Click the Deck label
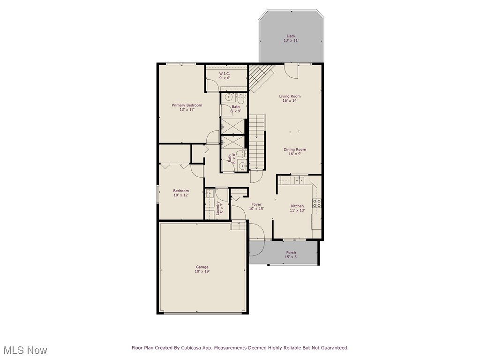[291, 36]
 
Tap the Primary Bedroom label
[187, 105]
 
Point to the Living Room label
[290, 96]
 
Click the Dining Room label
[295, 150]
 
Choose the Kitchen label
[297, 206]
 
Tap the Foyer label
[256, 204]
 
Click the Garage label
[202, 267]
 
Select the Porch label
[291, 253]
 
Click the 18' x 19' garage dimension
[202, 271]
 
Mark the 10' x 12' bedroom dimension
[181, 195]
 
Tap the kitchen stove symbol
[317, 203]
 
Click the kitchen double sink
[299, 180]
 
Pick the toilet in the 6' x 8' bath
[239, 154]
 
